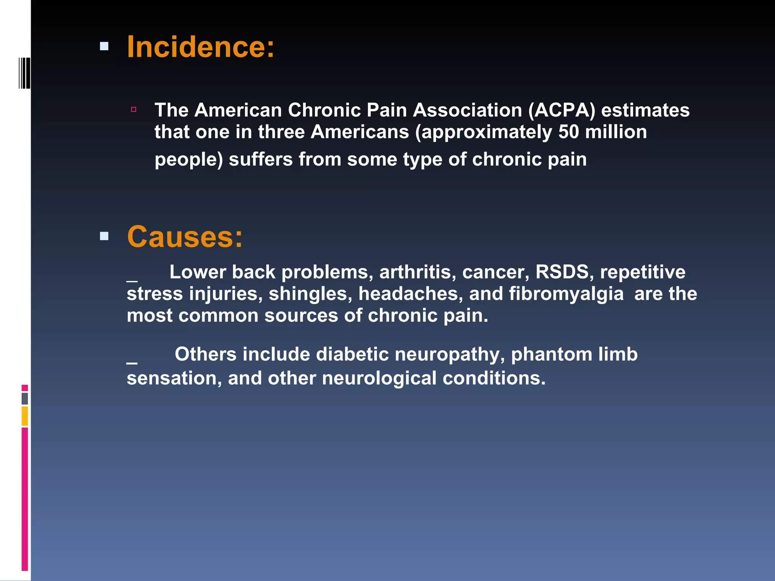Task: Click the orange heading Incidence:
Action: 201,47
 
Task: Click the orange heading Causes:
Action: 185,237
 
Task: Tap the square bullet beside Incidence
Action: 104,47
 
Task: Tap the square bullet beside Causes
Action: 104,236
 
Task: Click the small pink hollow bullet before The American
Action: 134,110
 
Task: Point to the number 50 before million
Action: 569,132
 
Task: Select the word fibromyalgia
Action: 566,294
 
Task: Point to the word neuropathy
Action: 450,355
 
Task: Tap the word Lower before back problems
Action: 198,272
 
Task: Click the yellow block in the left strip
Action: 25,416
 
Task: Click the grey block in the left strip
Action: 25,399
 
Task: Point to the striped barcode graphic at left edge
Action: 25,73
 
